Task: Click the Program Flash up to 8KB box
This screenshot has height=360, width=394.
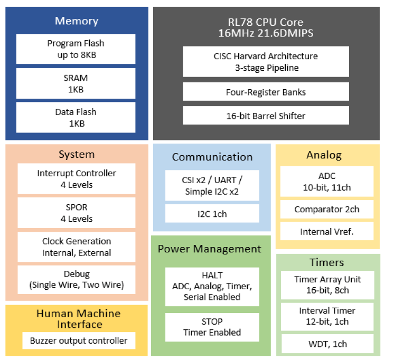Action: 76,49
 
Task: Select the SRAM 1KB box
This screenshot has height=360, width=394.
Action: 76,83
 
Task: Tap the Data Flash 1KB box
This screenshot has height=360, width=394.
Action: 76,118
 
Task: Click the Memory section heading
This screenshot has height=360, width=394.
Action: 76,21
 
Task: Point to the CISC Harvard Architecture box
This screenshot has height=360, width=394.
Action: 266,62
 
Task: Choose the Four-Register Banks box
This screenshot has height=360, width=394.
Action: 266,92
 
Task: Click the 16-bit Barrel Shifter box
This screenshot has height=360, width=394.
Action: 266,116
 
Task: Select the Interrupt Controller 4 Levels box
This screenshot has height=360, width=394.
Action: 77,178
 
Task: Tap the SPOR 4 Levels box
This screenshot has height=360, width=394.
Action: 77,213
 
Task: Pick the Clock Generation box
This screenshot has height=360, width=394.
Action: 77,247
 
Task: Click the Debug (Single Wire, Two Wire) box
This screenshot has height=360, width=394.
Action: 77,280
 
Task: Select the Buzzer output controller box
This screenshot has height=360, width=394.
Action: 79,340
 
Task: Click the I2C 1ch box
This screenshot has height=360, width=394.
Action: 212,214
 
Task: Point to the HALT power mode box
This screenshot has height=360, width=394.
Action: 212,286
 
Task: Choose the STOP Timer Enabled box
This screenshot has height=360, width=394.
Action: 212,327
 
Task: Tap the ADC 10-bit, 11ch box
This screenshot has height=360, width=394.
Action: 327,182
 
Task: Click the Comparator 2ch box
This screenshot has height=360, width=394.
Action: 327,209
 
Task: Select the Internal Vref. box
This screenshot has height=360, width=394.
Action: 327,231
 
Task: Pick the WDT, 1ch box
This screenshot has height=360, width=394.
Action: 327,344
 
